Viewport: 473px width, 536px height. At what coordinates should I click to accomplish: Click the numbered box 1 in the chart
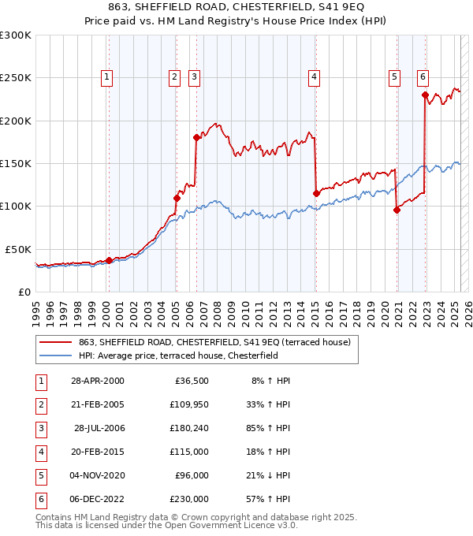[106, 77]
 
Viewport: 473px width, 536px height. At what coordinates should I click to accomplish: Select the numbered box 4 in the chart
[314, 77]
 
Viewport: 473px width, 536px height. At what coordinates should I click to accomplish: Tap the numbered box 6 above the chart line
[423, 77]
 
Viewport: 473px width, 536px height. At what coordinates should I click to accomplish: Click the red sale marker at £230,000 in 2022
[425, 95]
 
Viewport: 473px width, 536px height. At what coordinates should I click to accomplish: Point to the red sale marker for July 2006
[196, 137]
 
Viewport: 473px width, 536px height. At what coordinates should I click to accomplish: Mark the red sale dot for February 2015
[316, 193]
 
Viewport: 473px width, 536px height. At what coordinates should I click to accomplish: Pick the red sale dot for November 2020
[397, 209]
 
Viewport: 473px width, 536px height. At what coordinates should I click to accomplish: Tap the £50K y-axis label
[18, 249]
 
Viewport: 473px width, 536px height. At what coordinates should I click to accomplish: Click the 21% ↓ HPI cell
[267, 475]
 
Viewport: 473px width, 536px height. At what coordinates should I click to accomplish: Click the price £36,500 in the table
[190, 381]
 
